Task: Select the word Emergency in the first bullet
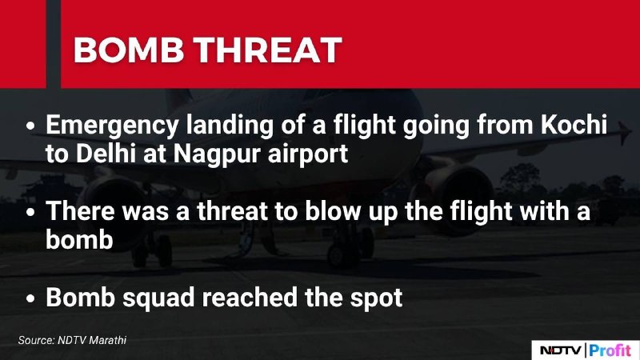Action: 112,126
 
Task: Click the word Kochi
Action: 574,124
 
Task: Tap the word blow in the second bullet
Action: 333,211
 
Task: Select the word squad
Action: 158,299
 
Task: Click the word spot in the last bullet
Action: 376,299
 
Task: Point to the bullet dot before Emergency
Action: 30,126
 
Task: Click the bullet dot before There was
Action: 30,213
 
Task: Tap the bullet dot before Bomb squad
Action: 30,299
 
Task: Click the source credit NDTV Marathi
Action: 92,340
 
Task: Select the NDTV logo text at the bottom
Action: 561,350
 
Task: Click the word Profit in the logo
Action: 610,350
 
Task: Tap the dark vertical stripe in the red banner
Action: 54,44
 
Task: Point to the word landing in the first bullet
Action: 230,126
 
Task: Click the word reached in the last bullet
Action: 250,298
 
